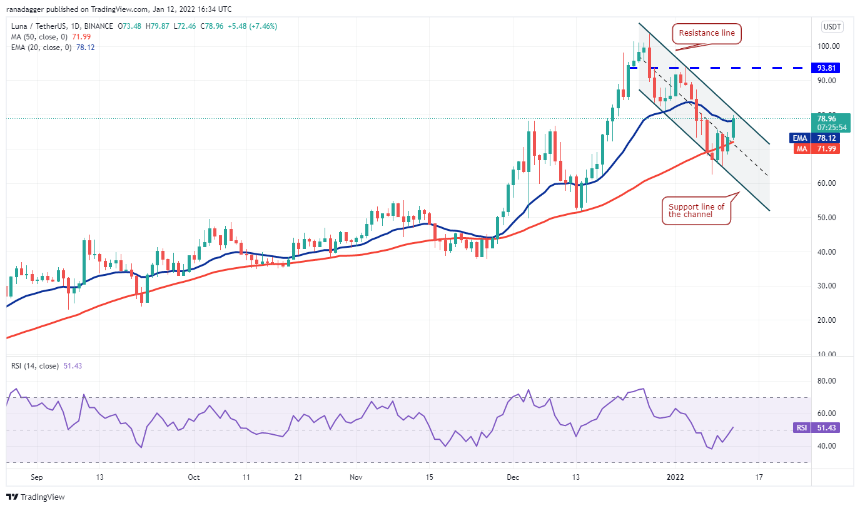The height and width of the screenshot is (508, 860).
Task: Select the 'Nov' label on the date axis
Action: [x=356, y=477]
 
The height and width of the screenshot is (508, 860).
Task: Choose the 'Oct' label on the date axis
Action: [x=194, y=477]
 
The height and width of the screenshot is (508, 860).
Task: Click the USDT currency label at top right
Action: [x=832, y=27]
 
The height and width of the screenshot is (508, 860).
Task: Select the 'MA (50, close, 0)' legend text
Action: [x=39, y=36]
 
